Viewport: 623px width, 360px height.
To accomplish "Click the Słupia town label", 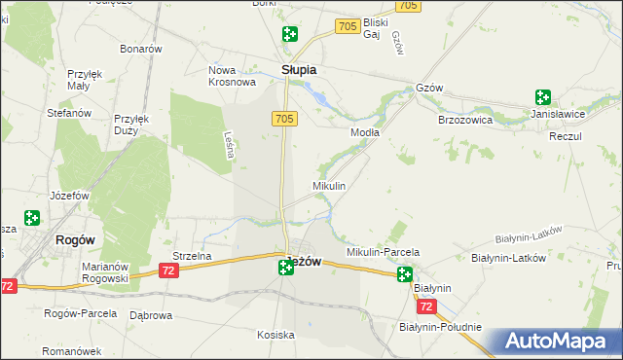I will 299,70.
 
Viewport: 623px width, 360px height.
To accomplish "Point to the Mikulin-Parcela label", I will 383,252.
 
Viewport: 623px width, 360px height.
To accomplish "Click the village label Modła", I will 365,131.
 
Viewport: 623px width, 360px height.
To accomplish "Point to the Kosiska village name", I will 275,335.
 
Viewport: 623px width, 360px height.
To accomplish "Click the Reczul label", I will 565,136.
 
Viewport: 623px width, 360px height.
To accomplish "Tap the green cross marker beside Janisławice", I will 542,97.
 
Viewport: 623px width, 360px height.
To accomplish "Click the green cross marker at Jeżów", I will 286,266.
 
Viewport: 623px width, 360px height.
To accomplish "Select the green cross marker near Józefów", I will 32,219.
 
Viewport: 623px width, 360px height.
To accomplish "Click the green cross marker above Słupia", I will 289,35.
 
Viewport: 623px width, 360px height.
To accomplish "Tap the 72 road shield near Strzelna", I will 169,270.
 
